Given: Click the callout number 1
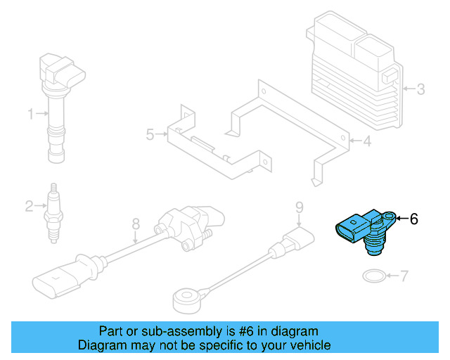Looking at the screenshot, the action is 31,114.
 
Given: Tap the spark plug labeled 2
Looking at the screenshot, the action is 54,213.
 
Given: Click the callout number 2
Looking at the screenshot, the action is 30,206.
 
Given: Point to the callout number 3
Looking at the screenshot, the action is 420,89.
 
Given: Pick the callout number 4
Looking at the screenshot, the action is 367,141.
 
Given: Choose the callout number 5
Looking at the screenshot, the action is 150,134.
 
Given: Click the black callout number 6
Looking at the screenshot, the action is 414,219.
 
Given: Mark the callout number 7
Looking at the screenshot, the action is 404,276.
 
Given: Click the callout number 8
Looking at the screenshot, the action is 136,224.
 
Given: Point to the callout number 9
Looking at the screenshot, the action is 300,207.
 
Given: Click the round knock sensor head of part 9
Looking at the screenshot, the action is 186,301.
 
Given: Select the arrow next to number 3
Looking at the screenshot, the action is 409,89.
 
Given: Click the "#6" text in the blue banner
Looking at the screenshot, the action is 246,331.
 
